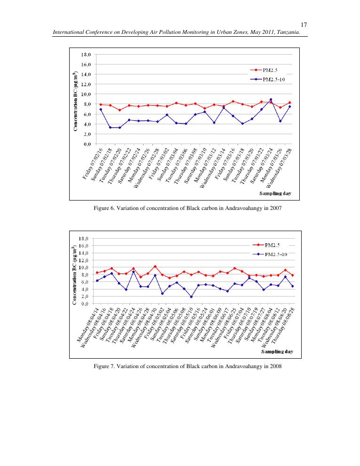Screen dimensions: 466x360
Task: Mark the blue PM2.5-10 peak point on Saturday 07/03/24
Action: pos(271,100)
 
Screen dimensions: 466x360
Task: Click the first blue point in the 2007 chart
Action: pos(101,109)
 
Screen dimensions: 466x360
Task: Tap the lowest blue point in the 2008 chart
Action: pos(191,297)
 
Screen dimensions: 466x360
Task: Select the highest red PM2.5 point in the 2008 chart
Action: pos(155,266)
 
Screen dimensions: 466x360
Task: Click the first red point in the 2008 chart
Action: pos(97,273)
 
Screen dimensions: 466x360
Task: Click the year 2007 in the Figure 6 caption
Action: pos(275,208)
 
